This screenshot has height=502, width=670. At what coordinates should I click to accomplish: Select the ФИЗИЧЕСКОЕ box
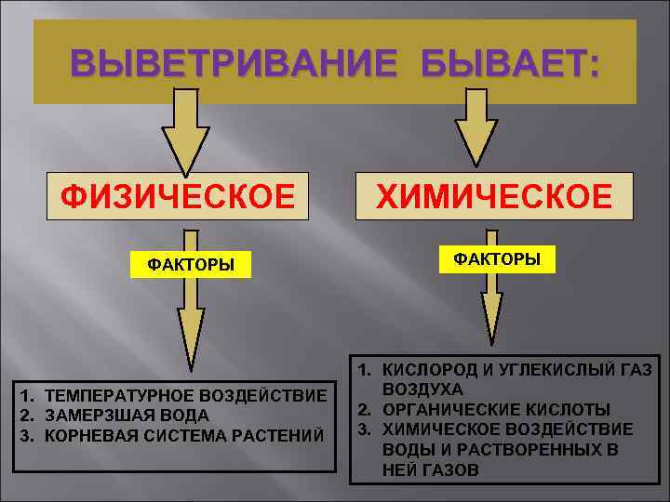(x=179, y=197)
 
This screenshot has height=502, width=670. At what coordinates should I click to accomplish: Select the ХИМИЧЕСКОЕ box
(x=494, y=197)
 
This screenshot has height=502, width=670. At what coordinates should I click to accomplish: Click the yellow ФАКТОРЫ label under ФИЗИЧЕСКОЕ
(x=191, y=266)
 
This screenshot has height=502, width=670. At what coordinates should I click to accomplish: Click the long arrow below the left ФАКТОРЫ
(x=191, y=321)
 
